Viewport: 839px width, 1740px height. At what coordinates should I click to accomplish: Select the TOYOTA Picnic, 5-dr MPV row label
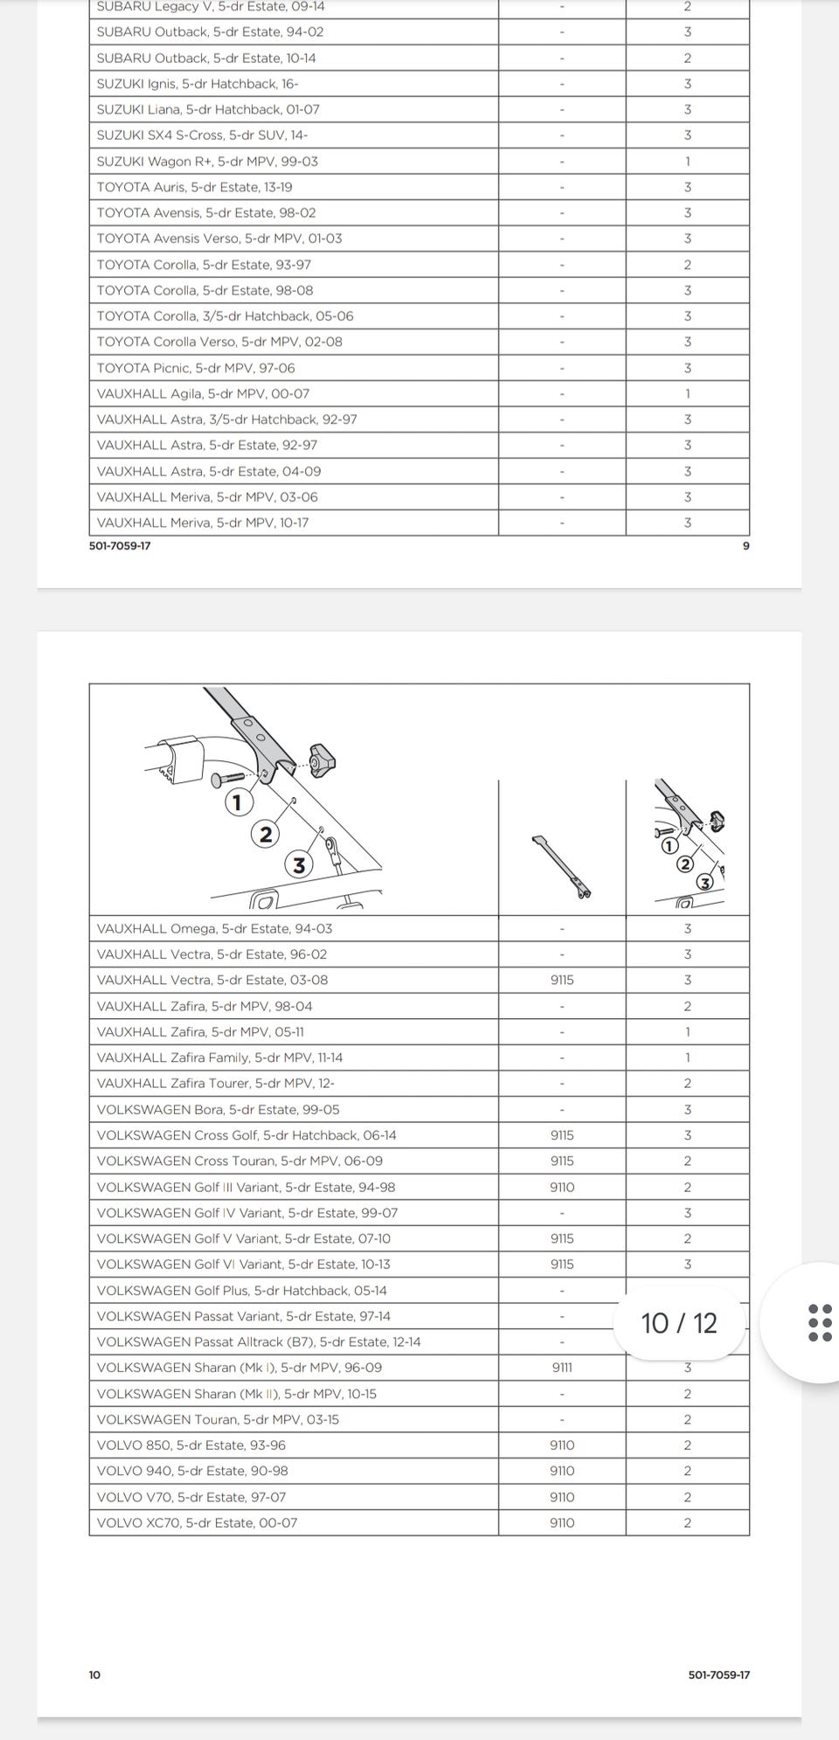196,368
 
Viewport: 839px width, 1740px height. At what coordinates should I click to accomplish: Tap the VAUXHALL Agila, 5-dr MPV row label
203,393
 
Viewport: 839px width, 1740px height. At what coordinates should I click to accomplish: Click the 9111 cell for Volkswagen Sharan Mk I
562,1368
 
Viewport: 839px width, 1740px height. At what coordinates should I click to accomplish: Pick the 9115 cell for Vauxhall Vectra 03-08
562,980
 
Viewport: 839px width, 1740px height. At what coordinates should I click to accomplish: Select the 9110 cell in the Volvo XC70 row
562,1522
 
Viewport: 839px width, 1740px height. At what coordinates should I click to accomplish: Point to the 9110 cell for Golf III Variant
562,1187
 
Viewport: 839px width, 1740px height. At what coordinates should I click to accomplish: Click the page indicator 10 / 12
679,1323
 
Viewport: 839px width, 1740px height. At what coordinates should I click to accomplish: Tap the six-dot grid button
820,1323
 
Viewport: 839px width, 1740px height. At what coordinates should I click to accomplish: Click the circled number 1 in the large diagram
238,801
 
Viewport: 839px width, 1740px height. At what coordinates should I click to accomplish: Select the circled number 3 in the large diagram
299,865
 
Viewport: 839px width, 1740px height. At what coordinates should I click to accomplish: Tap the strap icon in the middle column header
561,866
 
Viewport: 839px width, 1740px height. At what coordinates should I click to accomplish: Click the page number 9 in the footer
745,546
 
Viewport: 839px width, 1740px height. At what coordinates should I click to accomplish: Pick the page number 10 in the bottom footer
94,1674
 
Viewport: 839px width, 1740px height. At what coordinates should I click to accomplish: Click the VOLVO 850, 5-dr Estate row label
191,1445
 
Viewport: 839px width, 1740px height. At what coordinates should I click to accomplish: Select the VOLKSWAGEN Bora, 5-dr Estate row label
218,1109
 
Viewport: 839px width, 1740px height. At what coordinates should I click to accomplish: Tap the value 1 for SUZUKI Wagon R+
688,162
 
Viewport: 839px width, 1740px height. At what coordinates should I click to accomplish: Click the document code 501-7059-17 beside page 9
120,546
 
